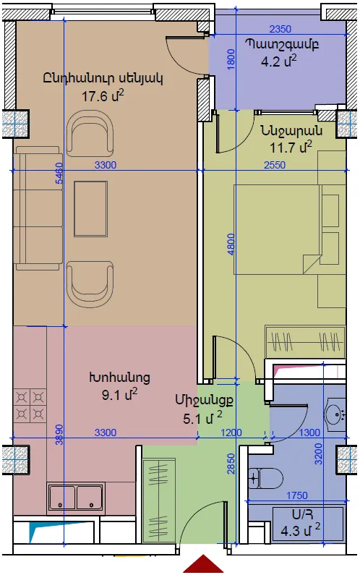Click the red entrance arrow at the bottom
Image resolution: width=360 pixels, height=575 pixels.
pos(203,565)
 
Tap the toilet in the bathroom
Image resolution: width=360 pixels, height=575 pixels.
pos(265,478)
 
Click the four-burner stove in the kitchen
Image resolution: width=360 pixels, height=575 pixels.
pos(30,406)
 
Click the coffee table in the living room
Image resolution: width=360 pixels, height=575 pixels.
pos(90,208)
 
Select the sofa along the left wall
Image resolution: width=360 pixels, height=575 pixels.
pos(38,208)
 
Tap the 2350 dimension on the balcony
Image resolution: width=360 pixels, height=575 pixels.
pos(280,29)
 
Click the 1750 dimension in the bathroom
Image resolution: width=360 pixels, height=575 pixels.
pos(297,495)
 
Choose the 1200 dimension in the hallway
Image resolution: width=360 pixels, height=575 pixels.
pos(231,433)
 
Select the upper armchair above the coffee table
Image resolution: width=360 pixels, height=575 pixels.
pos(90,132)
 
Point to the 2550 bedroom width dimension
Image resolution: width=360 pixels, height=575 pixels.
pos(275,165)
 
